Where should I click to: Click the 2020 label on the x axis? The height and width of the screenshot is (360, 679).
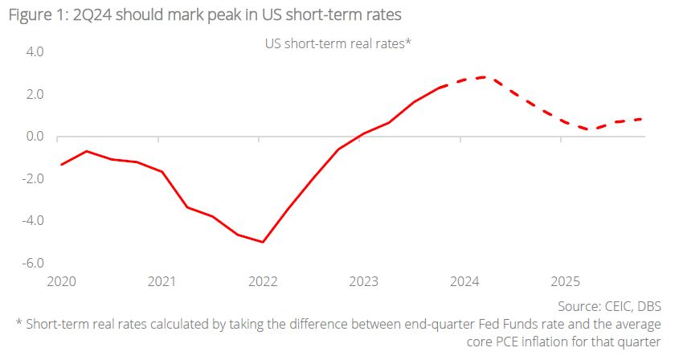coord(61,281)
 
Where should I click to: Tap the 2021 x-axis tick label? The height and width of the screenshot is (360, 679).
coord(162,281)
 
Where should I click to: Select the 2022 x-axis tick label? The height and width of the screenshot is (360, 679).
coord(263,281)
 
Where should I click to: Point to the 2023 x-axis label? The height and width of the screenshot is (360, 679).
coord(364,281)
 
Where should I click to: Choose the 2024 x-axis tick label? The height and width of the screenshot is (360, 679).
coord(464,281)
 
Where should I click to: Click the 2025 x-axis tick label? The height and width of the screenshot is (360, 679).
coord(566,281)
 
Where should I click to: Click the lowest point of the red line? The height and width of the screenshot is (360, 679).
coord(263,242)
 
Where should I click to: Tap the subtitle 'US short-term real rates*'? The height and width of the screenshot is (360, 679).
coord(338,44)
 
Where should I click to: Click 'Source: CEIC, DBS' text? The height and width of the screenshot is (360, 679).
coord(609,306)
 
